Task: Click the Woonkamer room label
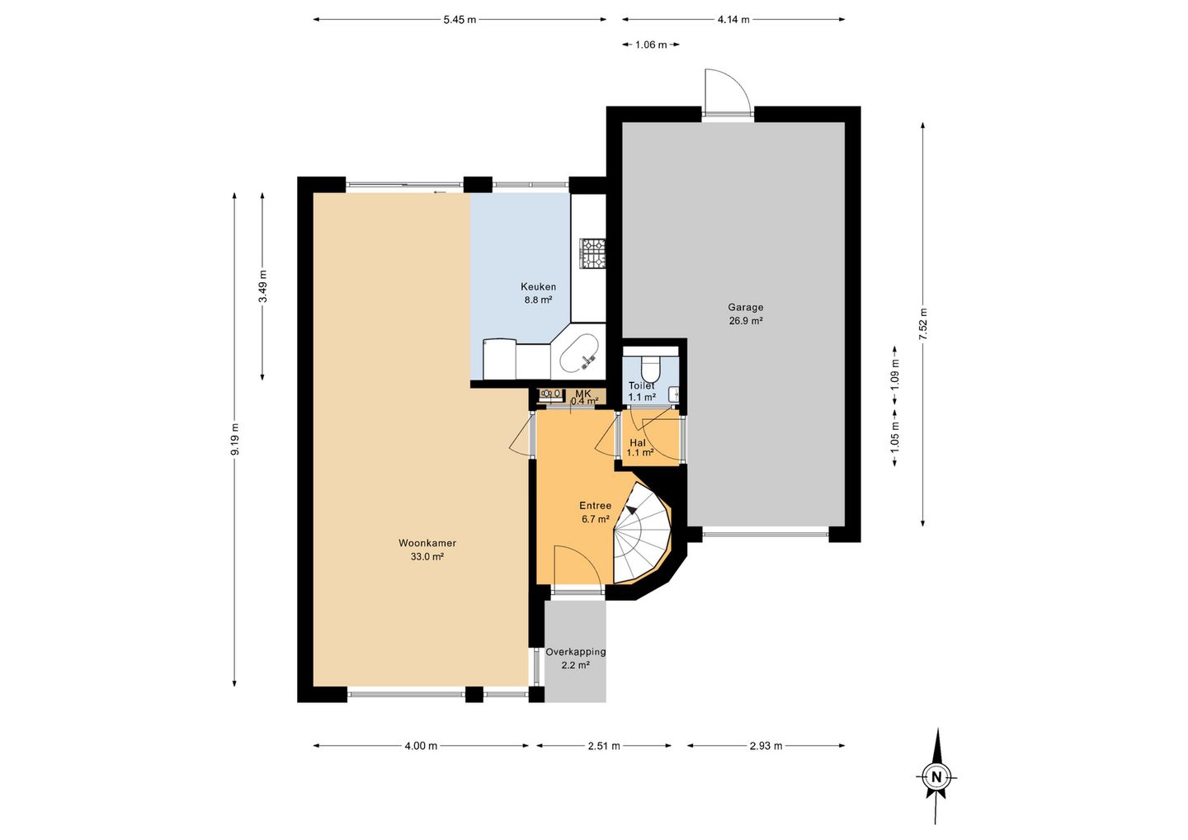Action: click(427, 543)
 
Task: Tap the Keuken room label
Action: click(538, 287)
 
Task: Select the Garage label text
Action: click(746, 307)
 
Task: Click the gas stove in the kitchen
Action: click(593, 254)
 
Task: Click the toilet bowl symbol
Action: click(650, 366)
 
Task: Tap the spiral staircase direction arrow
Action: click(631, 510)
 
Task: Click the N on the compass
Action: click(936, 777)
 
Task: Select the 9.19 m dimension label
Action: click(234, 438)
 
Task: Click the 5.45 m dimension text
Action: click(460, 20)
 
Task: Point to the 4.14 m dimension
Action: click(733, 20)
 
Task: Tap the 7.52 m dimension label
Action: click(923, 324)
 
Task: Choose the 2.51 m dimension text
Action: click(604, 746)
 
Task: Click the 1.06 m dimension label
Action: click(651, 45)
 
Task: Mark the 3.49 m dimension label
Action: click(262, 286)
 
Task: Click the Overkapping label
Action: click(576, 652)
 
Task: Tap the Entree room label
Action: click(595, 506)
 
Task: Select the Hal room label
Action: click(638, 443)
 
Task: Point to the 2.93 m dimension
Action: click(766, 746)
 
